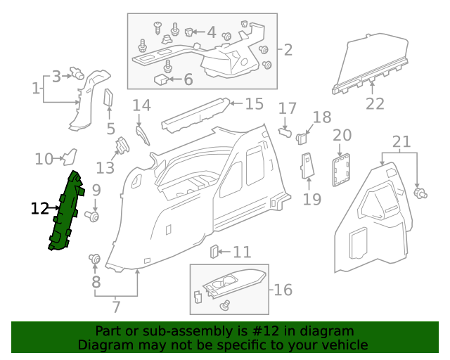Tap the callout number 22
pyautogui.click(x=375, y=104)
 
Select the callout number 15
pyautogui.click(x=254, y=104)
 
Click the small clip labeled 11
pyautogui.click(x=216, y=251)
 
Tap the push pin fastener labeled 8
pyautogui.click(x=94, y=261)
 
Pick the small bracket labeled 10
pyautogui.click(x=70, y=157)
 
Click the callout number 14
pyautogui.click(x=141, y=106)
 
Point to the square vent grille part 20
pyautogui.click(x=342, y=171)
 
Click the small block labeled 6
pyautogui.click(x=161, y=80)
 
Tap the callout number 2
pyautogui.click(x=288, y=50)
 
